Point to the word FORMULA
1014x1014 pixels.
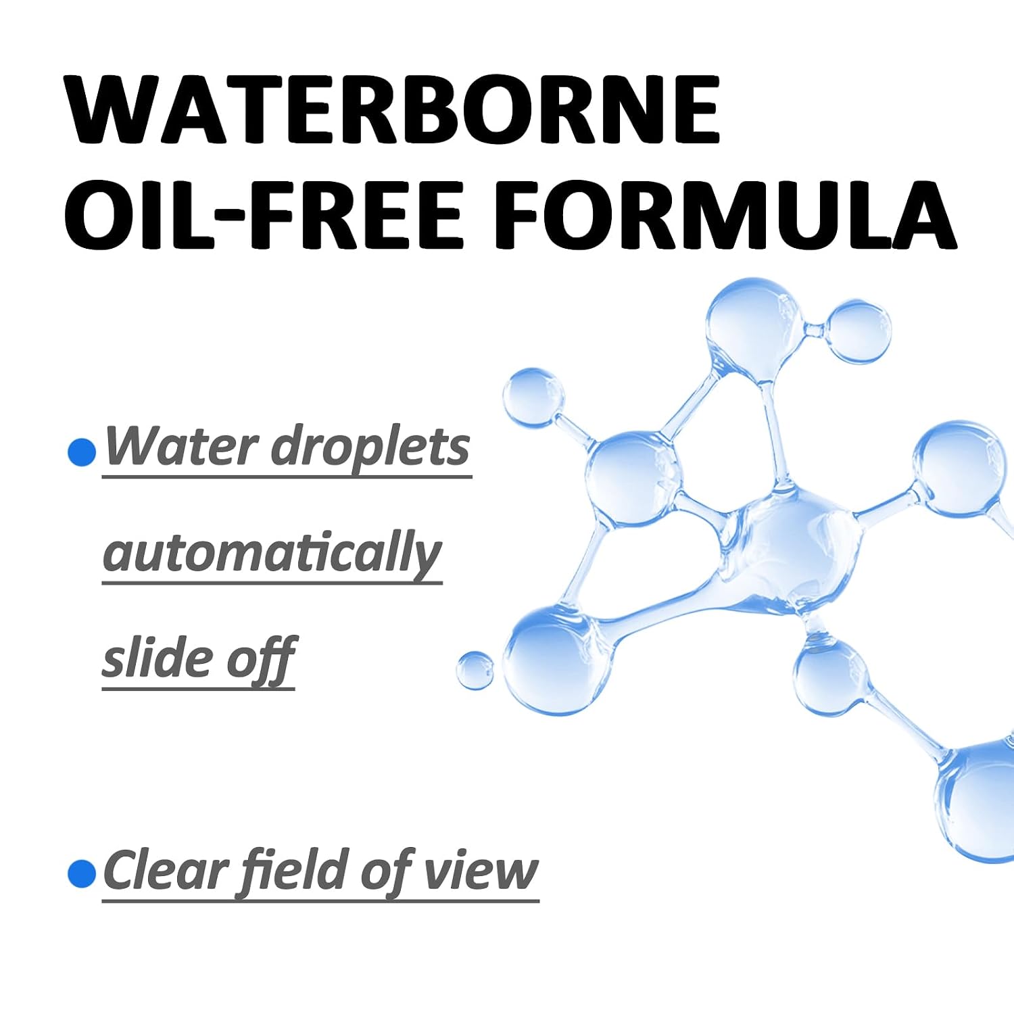point(725,214)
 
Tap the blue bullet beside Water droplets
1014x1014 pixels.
point(82,452)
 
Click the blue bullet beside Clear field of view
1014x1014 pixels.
point(82,873)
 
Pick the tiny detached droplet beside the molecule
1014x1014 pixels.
point(475,671)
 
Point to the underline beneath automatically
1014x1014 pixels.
point(272,583)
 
